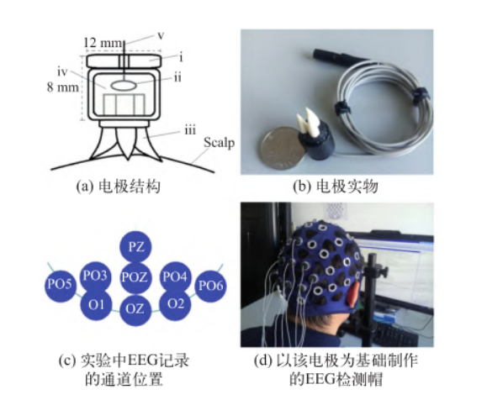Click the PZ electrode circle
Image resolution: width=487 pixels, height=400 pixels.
[x=135, y=247]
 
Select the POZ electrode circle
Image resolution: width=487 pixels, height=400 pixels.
[x=135, y=277]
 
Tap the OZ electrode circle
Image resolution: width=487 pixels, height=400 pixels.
[x=135, y=308]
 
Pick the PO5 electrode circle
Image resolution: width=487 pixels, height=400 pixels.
[x=61, y=284]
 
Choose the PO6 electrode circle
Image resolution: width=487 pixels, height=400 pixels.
[x=210, y=286]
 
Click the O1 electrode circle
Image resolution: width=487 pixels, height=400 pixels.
[x=96, y=305]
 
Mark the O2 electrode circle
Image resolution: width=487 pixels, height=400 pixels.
[x=175, y=304]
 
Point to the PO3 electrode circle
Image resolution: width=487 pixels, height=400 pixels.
[x=95, y=276]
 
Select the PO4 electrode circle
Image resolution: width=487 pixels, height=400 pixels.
[x=176, y=276]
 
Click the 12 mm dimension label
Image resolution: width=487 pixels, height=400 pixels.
[x=103, y=43]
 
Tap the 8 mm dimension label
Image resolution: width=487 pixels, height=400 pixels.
[x=63, y=87]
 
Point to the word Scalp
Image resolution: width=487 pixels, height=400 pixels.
[x=219, y=143]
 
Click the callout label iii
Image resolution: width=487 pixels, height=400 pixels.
[x=190, y=130]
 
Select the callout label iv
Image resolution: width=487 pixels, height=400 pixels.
[x=62, y=72]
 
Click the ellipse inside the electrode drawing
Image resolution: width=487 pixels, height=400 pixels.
[x=124, y=86]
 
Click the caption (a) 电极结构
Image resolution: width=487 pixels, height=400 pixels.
[x=119, y=187]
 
